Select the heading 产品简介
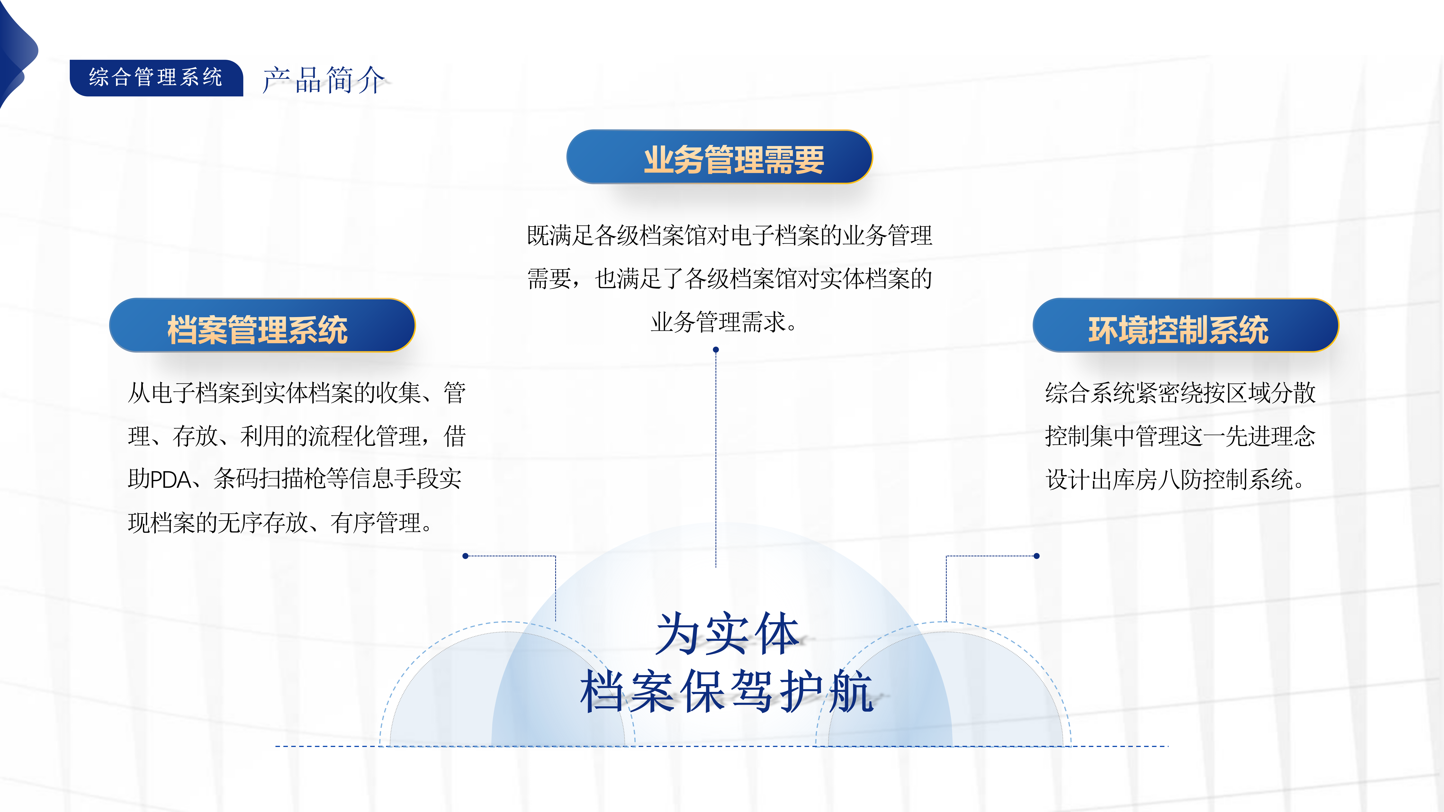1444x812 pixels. pos(324,80)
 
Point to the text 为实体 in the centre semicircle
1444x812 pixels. pos(727,634)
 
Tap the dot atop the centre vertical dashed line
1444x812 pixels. pos(716,350)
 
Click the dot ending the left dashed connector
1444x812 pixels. pos(465,556)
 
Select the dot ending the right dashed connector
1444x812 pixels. pos(1037,556)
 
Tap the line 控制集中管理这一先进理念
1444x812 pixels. pos(1180,436)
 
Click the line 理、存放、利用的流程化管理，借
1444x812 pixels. pos(297,436)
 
